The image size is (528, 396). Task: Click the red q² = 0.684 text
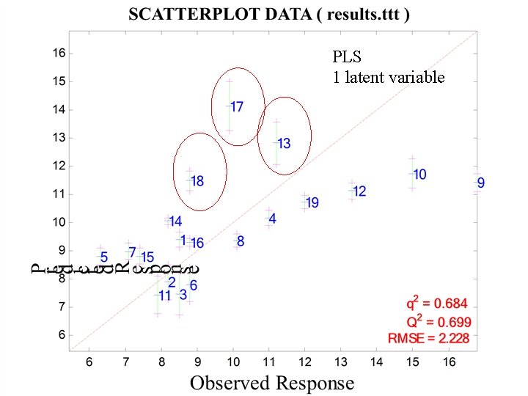tap(437, 303)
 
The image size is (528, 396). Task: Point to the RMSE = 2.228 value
tap(429, 337)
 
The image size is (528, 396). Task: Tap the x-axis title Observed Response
tap(271, 382)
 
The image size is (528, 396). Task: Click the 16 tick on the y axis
tap(58, 53)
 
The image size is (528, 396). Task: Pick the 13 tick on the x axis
tap(341, 362)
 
